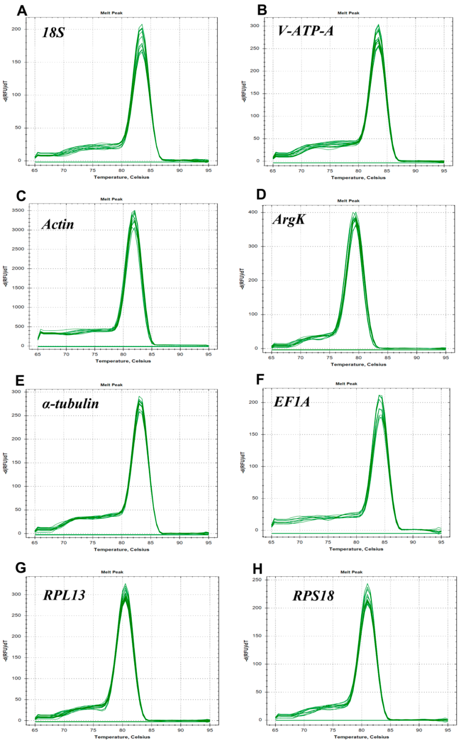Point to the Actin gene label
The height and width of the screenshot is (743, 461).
(58, 224)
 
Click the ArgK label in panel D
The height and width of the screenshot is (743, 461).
(289, 219)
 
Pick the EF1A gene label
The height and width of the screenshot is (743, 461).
(292, 401)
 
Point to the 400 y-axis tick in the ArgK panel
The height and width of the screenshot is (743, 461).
(253, 212)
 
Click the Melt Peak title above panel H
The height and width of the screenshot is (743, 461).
(351, 572)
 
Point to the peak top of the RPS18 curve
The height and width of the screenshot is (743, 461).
(367, 584)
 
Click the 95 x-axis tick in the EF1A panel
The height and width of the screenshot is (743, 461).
(441, 542)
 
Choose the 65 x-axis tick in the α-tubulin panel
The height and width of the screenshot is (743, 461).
(35, 543)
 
